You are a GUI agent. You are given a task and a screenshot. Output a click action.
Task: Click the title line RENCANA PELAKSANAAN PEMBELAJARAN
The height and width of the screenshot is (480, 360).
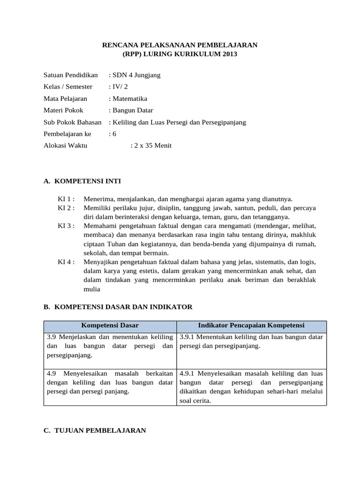[x=180, y=45]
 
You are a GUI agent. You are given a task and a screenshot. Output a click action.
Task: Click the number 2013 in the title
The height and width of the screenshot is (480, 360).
[x=227, y=54]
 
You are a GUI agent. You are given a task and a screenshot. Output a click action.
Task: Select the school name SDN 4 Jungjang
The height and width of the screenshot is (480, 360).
[x=136, y=75]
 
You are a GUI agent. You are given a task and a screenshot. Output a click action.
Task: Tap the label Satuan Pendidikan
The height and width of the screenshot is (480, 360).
[x=71, y=75]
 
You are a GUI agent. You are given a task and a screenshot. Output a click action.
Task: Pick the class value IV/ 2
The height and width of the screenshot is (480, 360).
[x=119, y=87]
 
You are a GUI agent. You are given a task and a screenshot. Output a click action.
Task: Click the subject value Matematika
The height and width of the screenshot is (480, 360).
[x=129, y=98]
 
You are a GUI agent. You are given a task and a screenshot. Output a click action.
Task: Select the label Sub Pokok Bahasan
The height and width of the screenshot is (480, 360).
[x=73, y=122]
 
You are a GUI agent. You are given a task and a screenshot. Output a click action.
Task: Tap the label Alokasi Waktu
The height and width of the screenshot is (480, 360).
[x=65, y=145]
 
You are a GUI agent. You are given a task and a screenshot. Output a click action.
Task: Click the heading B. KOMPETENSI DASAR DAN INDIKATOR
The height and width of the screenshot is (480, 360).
[x=118, y=307]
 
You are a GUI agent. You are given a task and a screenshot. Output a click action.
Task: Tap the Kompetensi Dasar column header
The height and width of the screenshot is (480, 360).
[x=110, y=325]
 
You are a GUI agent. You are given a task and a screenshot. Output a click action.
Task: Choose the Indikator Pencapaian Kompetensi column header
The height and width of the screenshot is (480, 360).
[x=251, y=325]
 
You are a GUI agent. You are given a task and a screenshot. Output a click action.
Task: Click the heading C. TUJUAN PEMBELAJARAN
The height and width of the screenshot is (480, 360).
[x=95, y=430]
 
